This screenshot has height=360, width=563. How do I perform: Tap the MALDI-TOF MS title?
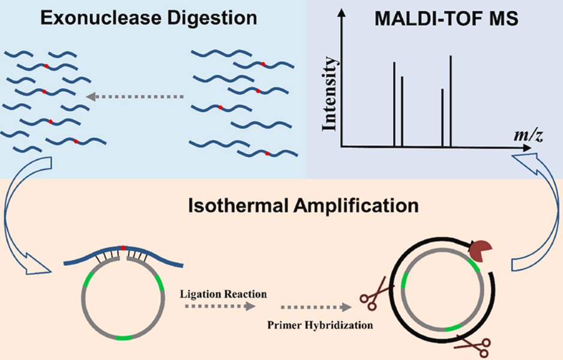pos(447,19)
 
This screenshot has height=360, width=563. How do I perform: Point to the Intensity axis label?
pos(330,94)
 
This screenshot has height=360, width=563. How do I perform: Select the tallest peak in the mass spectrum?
pos(451,101)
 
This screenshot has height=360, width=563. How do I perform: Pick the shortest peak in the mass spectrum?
pos(442,118)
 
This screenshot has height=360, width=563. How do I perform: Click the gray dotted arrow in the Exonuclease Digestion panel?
pos(135,97)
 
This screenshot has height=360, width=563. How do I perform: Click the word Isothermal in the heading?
pos(237,206)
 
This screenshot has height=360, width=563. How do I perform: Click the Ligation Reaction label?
pos(223,295)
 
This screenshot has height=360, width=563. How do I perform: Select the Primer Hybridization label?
pos(320,325)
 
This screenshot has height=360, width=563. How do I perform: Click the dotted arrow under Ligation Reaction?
pos(220,306)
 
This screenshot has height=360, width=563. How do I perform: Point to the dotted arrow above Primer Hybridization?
pos(316,307)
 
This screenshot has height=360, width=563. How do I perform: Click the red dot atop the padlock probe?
pos(123,248)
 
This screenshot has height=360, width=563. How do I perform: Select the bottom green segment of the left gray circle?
pos(124,338)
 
